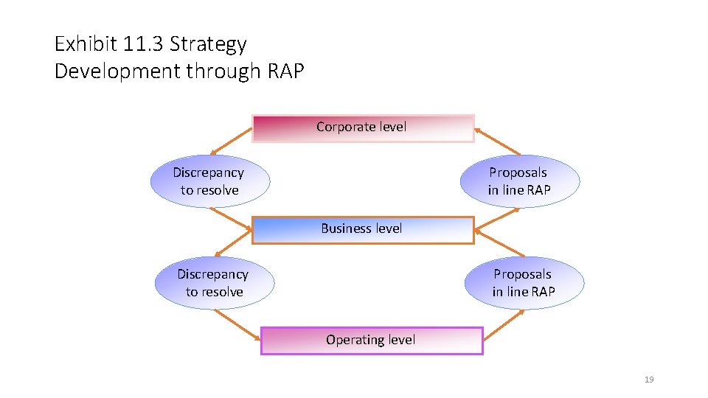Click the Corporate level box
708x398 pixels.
coord(363,128)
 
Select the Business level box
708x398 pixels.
coord(363,229)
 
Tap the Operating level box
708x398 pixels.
coord(372,341)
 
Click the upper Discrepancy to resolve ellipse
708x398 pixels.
coord(209,181)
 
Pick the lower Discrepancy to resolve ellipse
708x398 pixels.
coord(214,283)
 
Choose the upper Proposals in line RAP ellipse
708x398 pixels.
coord(519,181)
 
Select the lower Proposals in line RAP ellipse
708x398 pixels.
coord(524,283)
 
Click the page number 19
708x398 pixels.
coord(649,380)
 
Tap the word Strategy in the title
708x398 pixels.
coord(208,44)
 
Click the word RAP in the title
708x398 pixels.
coord(283,71)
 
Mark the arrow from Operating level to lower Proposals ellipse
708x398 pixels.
coord(504,326)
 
